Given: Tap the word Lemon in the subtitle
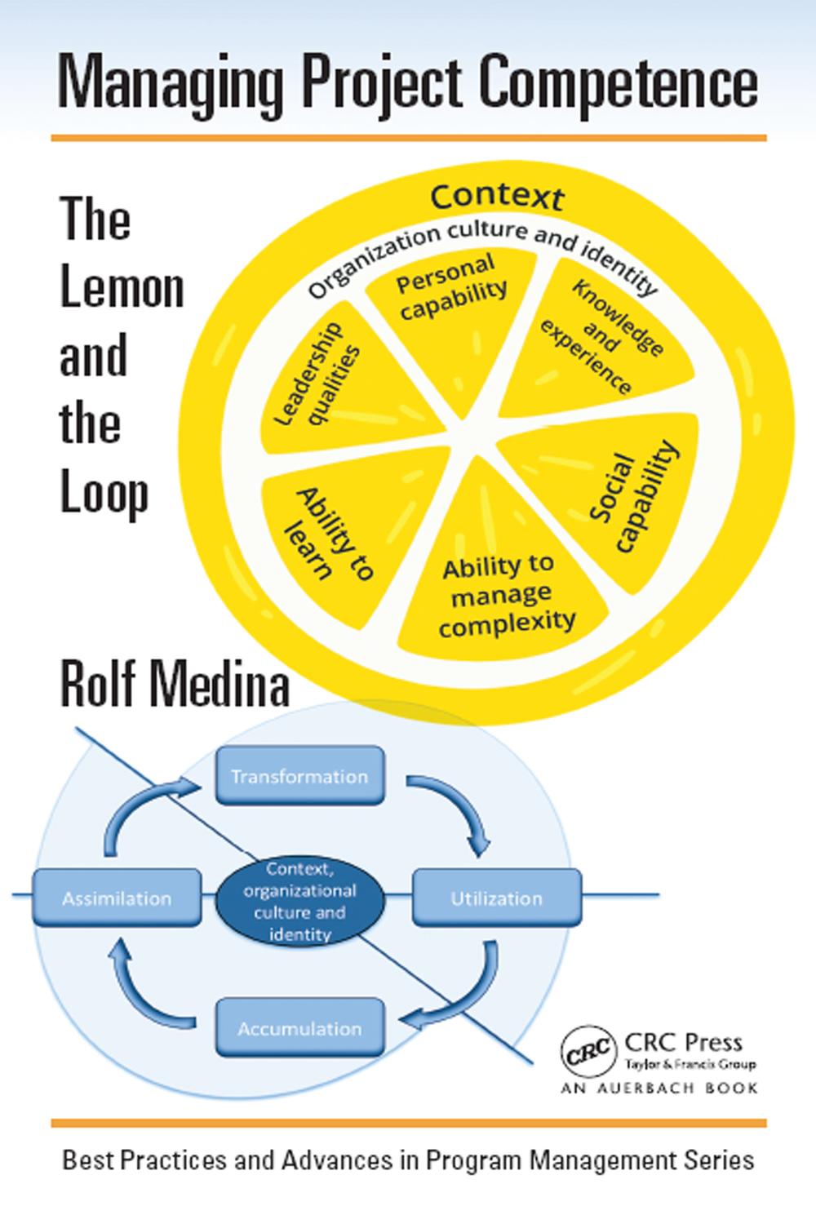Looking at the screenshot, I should [x=122, y=289].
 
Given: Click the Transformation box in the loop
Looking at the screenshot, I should [x=299, y=775].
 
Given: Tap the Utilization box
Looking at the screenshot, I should [x=497, y=898].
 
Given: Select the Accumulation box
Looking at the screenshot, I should [x=299, y=1028].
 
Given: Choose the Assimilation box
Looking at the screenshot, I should [x=117, y=898].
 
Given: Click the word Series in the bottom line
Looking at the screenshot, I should [x=716, y=1160].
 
